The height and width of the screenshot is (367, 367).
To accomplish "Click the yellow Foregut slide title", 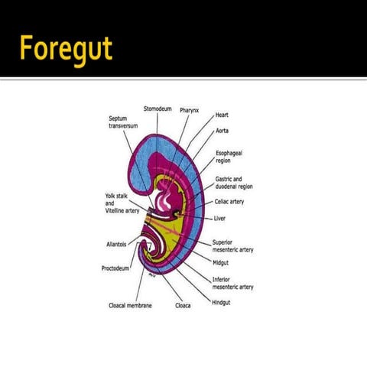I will pos(67,48).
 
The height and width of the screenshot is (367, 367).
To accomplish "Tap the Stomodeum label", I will pos(158,109).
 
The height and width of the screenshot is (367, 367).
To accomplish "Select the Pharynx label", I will pos(190,110).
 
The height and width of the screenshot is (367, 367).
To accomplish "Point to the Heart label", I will pos(222,115).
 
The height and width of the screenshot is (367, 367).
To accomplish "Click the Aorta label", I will pos(223,131).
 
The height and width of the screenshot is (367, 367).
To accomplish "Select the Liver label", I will pos(220,219).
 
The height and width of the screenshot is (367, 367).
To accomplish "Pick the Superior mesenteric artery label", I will pos(233,246).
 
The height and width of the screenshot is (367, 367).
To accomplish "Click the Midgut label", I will pos(222,262).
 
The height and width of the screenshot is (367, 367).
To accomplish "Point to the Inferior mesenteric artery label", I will pos(232,283).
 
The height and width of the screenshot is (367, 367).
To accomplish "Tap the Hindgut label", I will pos(221,301).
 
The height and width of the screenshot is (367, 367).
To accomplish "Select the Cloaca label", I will pos(183,305).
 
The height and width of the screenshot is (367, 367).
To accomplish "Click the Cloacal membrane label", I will pos(130,305).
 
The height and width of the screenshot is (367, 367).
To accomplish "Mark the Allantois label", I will pos(120,245).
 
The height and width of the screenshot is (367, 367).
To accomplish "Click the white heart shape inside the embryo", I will pos(164,200).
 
